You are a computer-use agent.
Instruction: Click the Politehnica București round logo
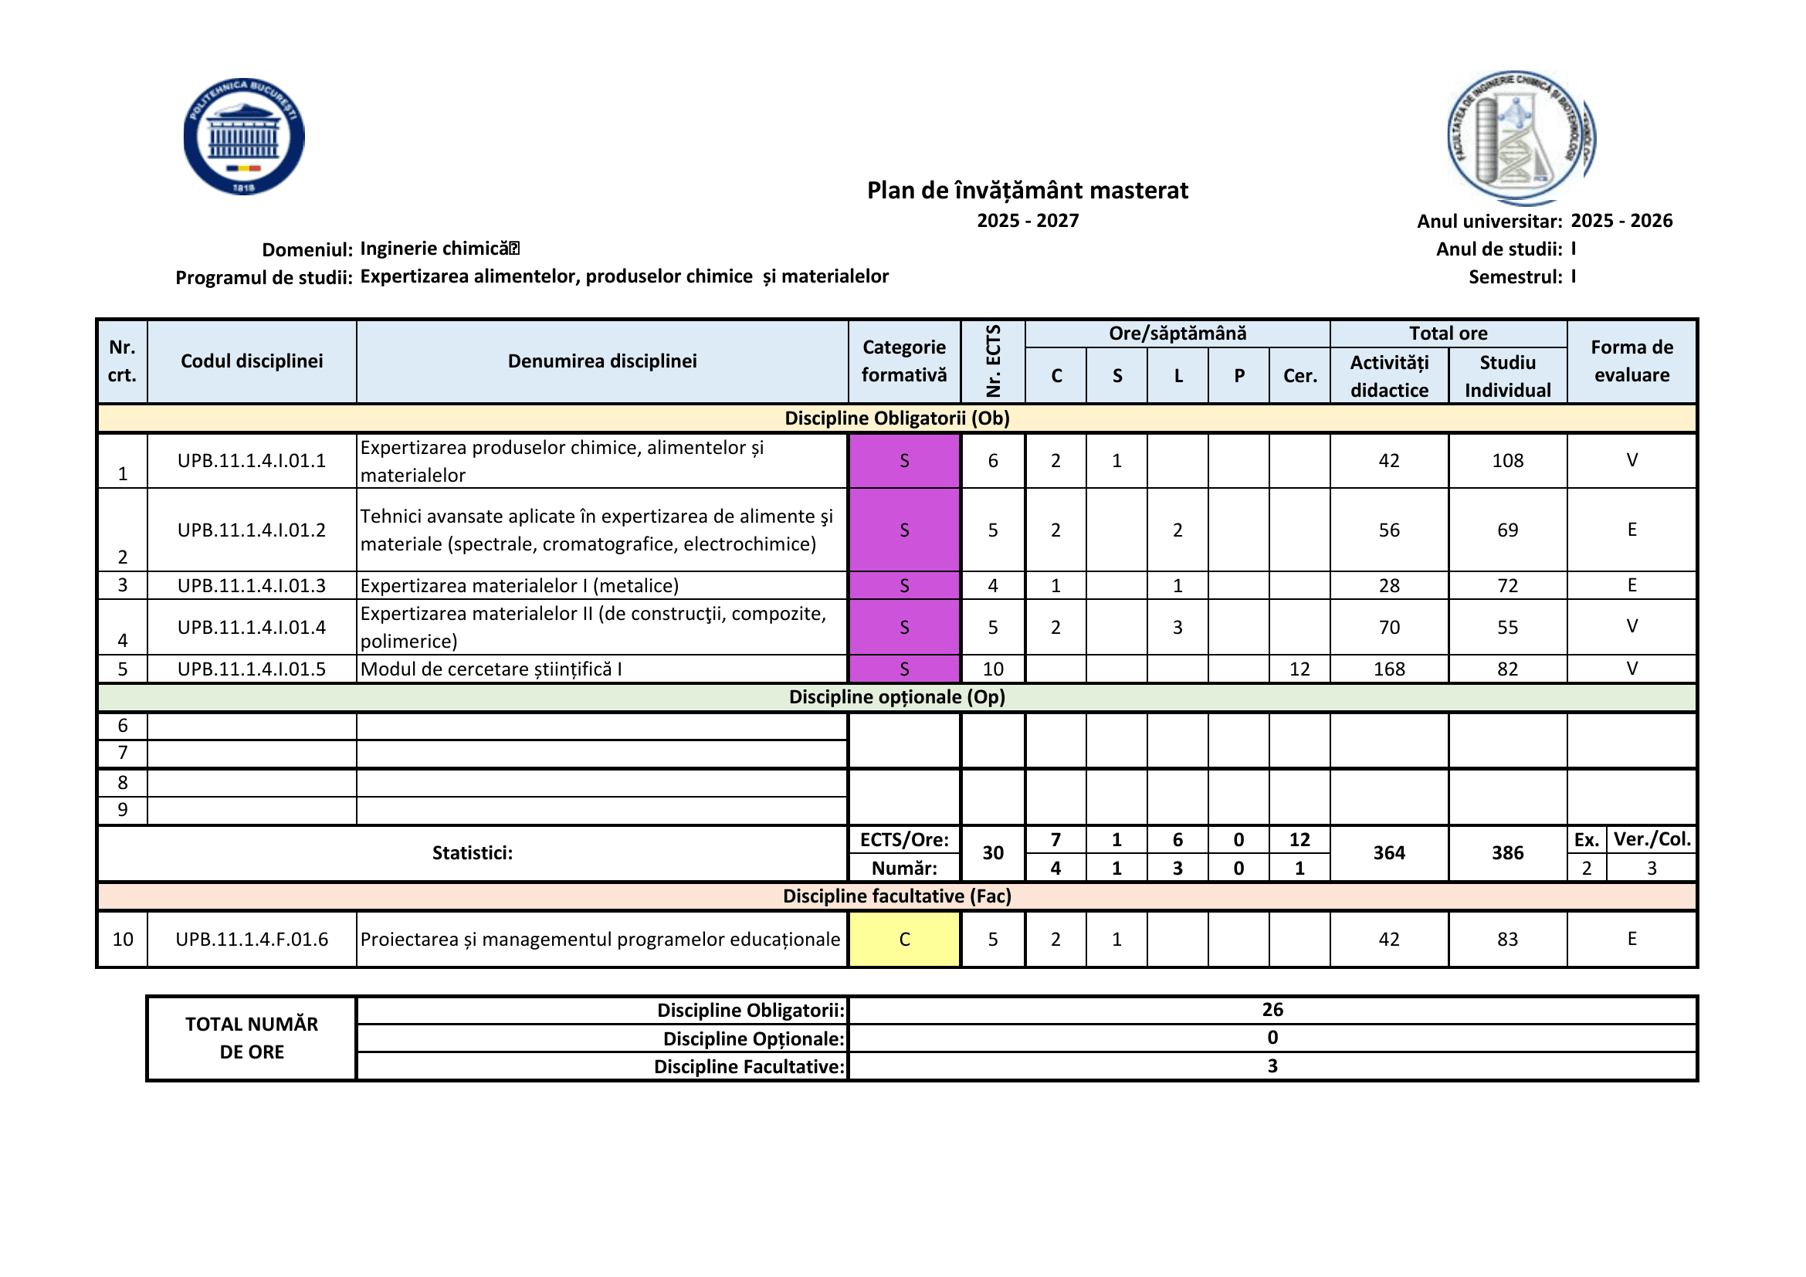(244, 136)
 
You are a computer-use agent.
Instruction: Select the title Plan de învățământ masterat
(1027, 190)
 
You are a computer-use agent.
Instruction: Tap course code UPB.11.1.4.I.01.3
(252, 586)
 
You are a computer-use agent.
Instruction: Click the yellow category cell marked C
(904, 939)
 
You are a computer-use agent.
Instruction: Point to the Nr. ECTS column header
(993, 361)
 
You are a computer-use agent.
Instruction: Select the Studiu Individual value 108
(1507, 461)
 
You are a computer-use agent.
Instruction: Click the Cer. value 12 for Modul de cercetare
(1299, 669)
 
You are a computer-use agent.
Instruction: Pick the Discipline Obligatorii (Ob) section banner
(896, 418)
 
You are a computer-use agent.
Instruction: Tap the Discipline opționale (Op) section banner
(896, 697)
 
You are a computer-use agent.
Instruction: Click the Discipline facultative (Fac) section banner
(896, 896)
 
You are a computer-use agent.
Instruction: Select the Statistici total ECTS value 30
(993, 853)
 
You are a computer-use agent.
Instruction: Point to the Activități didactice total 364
(1389, 853)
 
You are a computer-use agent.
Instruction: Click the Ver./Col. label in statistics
(1652, 840)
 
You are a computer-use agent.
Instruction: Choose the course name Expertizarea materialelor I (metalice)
(519, 586)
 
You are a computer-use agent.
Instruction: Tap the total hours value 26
(1272, 1010)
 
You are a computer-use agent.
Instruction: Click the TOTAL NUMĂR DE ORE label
(252, 1038)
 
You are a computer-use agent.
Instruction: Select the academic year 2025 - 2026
(1621, 221)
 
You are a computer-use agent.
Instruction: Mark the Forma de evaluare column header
(1631, 361)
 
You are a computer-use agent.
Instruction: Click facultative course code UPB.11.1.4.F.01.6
(252, 939)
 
